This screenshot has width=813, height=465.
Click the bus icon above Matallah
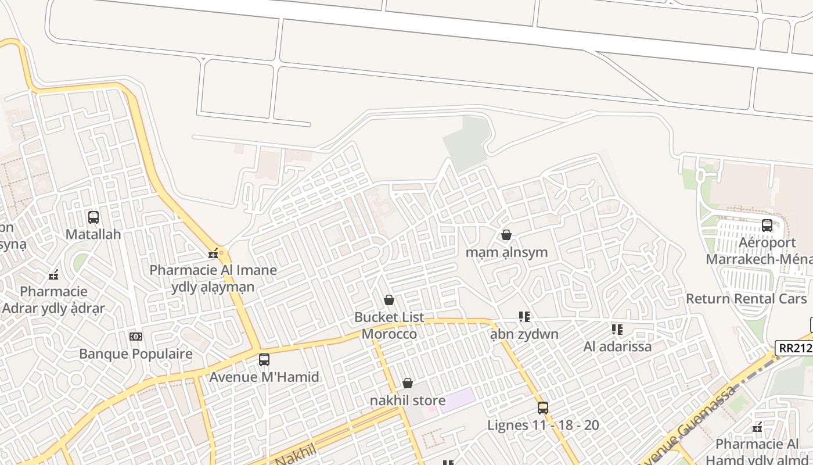coord(93,217)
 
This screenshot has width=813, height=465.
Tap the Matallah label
coord(93,234)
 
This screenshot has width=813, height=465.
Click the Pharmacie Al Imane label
coord(213,270)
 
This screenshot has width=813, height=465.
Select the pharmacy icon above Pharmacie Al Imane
coord(213,253)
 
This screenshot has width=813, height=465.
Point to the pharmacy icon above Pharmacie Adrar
coord(53,275)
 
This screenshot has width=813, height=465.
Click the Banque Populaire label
coord(135,353)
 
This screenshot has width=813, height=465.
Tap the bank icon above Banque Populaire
coord(135,337)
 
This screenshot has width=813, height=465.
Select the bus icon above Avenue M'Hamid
coord(264,360)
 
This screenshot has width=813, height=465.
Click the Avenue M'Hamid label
coord(264,377)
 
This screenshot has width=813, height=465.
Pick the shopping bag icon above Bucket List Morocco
coord(389,301)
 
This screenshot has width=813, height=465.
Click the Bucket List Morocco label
coord(389,326)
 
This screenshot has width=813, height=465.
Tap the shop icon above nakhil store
coord(408,384)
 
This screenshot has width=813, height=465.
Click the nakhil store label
coord(408,400)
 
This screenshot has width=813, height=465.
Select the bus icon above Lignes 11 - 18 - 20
coord(543,408)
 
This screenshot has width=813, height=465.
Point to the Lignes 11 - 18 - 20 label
coord(543,425)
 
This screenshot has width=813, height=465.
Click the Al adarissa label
coord(617,346)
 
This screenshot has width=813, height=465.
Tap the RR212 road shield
coord(794,348)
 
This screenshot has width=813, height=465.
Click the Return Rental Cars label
coord(746,299)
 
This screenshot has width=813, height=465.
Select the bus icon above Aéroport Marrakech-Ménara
coord(767,226)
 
